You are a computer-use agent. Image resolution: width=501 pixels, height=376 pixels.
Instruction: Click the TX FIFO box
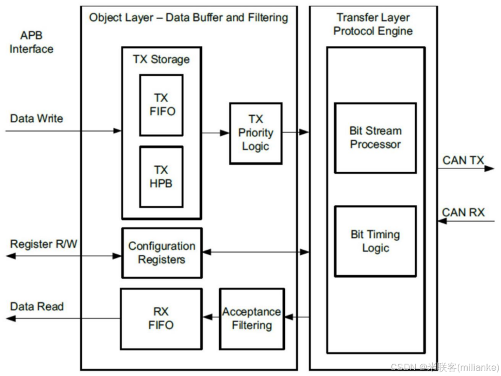coord(161,105)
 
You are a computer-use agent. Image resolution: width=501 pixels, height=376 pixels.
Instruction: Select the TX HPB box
coord(161,177)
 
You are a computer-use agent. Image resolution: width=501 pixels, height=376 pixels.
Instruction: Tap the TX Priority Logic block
coord(255,133)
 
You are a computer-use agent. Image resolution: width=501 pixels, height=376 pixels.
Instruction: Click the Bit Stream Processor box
coord(375,138)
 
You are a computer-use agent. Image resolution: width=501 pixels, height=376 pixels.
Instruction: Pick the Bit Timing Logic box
coord(375,241)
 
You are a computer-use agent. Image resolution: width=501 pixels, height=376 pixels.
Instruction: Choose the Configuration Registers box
coord(162,253)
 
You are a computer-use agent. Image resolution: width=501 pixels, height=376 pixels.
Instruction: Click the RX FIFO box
coord(161,318)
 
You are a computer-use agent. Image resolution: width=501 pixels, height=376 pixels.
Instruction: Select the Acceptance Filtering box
coord(252,318)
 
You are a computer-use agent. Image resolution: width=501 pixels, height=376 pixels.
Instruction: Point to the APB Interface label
coord(31,42)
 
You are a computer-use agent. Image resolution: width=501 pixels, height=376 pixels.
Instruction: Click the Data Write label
coord(36,119)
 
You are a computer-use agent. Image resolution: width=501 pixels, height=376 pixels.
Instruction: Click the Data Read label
coord(36,306)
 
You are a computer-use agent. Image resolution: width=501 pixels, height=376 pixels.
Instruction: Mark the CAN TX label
coord(463,160)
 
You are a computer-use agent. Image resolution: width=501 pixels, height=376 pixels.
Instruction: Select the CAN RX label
coord(463,212)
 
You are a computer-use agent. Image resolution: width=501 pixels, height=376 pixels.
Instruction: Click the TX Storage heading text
coord(161,60)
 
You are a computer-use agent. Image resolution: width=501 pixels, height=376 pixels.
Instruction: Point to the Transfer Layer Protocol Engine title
coord(373,24)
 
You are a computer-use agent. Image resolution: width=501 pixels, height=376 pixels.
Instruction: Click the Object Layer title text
coord(188,18)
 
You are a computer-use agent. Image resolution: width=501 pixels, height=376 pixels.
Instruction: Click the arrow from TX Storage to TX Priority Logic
coord(215,133)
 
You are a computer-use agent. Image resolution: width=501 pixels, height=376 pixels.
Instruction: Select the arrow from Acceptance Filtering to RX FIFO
coord(211,318)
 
